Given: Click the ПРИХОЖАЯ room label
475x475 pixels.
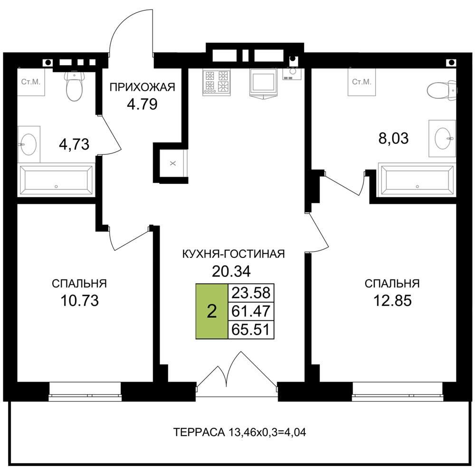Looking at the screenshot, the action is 142,87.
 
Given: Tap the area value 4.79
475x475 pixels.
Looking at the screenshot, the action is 142,104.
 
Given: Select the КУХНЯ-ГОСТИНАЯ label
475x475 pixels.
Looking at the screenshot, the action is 234,254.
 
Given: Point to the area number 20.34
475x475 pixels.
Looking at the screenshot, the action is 231,271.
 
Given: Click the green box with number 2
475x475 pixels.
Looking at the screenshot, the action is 212,311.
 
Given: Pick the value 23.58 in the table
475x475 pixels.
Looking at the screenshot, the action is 251,293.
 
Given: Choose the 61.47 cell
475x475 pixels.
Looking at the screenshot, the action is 251,311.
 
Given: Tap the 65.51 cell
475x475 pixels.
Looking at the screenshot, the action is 251,329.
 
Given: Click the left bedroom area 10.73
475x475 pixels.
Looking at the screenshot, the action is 80,301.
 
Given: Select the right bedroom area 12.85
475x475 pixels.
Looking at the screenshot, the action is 392,301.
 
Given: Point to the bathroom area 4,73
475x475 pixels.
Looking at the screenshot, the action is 74,144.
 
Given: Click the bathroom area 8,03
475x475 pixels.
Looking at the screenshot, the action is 393,138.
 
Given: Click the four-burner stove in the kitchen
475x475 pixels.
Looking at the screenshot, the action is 216,82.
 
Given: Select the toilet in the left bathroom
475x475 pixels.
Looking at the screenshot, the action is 74,86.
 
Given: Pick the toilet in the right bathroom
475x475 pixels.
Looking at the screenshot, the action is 442,90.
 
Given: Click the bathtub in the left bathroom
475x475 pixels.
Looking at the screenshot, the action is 57,180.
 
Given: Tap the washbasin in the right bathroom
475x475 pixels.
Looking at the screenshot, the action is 443,138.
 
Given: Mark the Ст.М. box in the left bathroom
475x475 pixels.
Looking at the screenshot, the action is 31,82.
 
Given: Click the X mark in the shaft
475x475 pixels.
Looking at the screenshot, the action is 173,163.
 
